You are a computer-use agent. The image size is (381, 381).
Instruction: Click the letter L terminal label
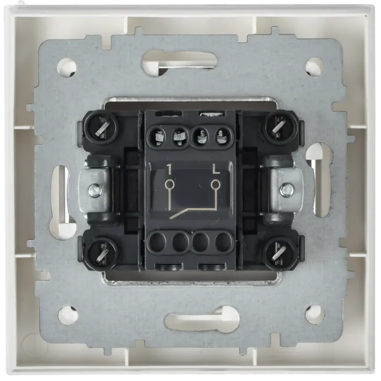coord(216,170)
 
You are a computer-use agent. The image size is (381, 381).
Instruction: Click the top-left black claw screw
coord(101,128)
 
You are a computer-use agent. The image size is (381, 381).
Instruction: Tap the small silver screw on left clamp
coord(95,188)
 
